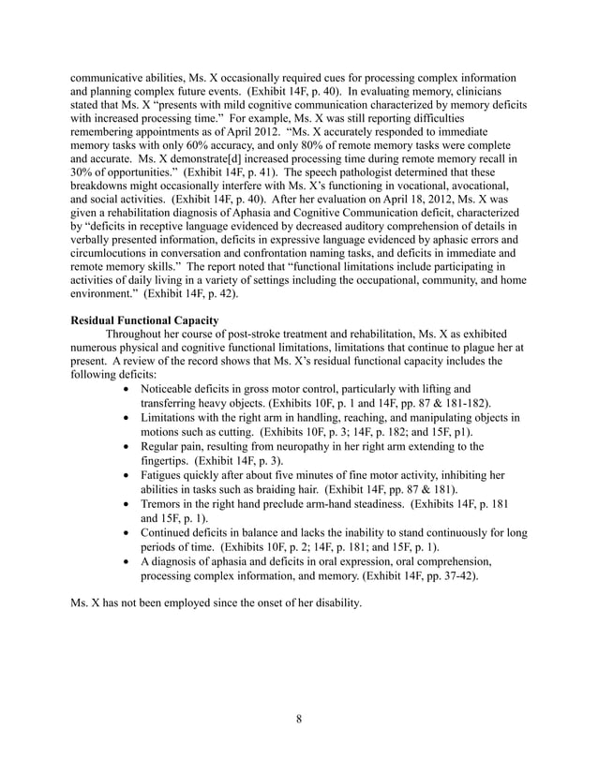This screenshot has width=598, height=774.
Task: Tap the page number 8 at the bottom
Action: pyautogui.click(x=298, y=720)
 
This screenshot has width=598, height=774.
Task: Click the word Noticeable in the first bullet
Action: pyautogui.click(x=173, y=388)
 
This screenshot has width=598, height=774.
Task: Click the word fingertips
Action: pyautogui.click(x=166, y=460)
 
